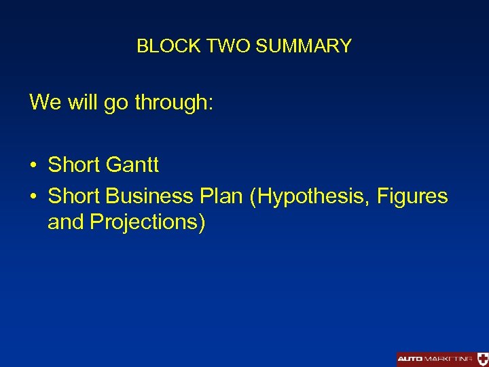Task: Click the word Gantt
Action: pyautogui.click(x=132, y=164)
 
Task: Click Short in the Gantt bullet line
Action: pyautogui.click(x=74, y=164)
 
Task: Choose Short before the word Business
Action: pyautogui.click(x=74, y=196)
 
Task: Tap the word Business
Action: pyautogui.click(x=149, y=196)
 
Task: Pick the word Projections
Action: pyautogui.click(x=147, y=223)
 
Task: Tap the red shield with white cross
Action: pyautogui.click(x=482, y=359)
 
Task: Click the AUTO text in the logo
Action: pyautogui.click(x=410, y=359)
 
